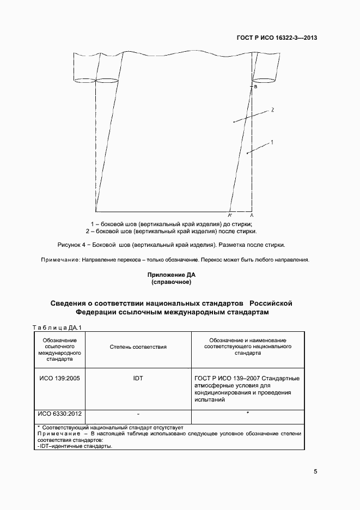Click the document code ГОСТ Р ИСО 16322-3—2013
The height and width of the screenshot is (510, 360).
277,38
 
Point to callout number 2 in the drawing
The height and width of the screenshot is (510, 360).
272,110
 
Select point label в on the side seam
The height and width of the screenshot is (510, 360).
255,87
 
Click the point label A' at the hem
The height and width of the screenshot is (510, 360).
230,216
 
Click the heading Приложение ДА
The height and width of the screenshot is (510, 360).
170,276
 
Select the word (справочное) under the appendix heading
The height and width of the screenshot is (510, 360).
170,283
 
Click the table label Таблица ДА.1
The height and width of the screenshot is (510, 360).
57,327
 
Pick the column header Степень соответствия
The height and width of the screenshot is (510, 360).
138,347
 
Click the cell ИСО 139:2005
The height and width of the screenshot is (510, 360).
60,378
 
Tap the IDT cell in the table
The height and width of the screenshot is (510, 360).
138,378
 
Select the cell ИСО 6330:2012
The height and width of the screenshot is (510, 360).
60,413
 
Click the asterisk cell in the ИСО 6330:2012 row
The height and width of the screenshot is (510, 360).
248,414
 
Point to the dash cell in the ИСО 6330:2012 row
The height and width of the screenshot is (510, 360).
138,414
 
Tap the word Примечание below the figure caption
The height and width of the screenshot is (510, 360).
60,259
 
